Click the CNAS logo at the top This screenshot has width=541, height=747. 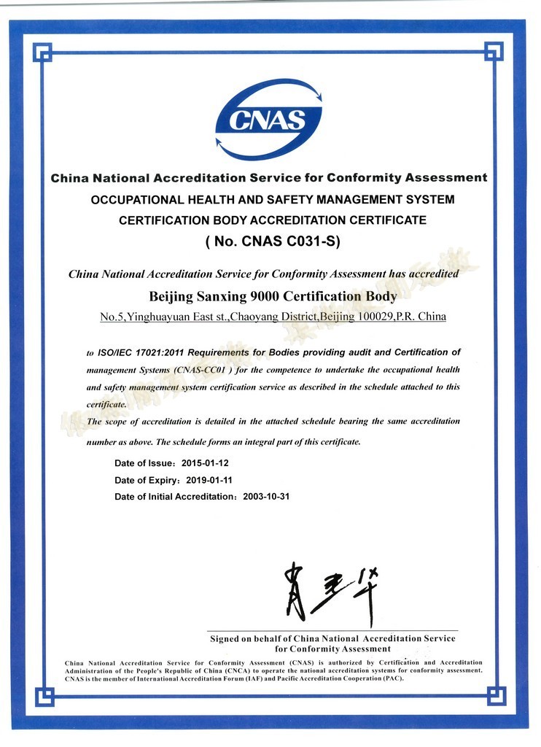point(269,119)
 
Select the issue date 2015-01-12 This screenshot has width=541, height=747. point(207,463)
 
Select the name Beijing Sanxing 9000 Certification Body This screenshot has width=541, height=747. point(273,296)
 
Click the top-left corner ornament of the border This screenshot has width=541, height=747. point(44,52)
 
